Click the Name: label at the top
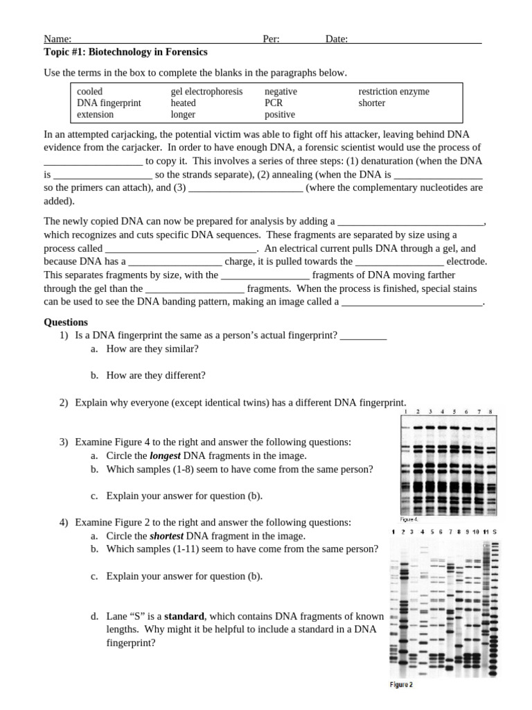57,40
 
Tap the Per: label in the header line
271,40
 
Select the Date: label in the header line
337,40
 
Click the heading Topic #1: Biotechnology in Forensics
125,52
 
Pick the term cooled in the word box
89,92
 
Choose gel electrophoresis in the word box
206,92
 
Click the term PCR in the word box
274,103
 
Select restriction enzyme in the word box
393,92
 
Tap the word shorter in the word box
372,103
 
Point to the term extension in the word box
95,115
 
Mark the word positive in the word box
280,115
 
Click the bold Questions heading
66,322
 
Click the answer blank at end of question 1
363,336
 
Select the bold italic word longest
166,456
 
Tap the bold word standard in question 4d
184,616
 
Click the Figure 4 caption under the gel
409,519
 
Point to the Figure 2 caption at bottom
401,685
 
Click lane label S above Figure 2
494,532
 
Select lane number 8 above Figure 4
490,411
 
